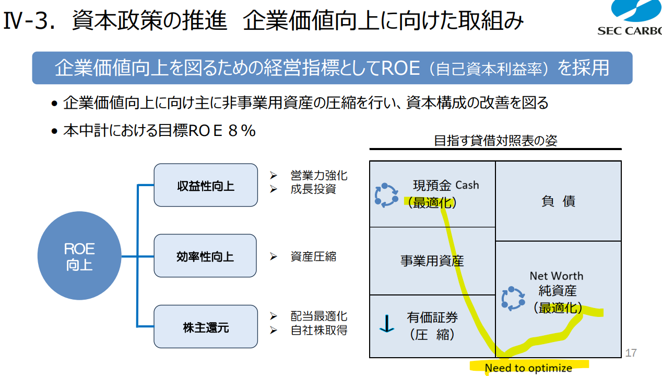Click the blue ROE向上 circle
[79, 257]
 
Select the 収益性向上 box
[206, 185]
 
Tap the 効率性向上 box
[205, 256]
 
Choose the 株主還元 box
[206, 327]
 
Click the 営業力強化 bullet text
[318, 176]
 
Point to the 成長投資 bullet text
[313, 189]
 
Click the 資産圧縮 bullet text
[313, 256]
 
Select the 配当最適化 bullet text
[318, 316]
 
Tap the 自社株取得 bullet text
[318, 330]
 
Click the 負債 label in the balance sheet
[558, 201]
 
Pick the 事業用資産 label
[432, 260]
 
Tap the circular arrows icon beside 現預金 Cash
[386, 195]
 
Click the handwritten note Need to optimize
[528, 368]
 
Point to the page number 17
[631, 353]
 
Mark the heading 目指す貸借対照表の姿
[495, 141]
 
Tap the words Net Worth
[557, 276]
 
